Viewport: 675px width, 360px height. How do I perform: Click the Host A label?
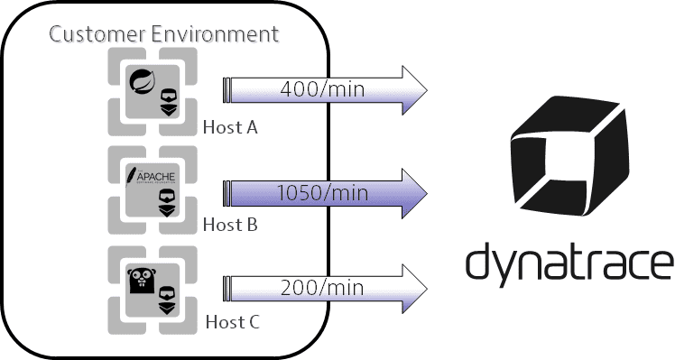(230, 127)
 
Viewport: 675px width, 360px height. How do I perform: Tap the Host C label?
(231, 321)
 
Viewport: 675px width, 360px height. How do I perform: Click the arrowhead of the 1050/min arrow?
(411, 189)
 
